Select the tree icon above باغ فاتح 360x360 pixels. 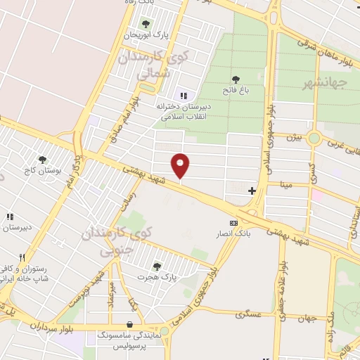pos(236,79)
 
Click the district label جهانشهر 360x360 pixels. pos(326,84)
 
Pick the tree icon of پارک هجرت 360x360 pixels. pos(156,266)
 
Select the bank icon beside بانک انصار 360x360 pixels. pos(233,222)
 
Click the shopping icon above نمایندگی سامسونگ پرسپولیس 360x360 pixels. pos(130,324)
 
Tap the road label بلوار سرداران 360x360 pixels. pos(53,326)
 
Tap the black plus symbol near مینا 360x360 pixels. pos(252,191)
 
